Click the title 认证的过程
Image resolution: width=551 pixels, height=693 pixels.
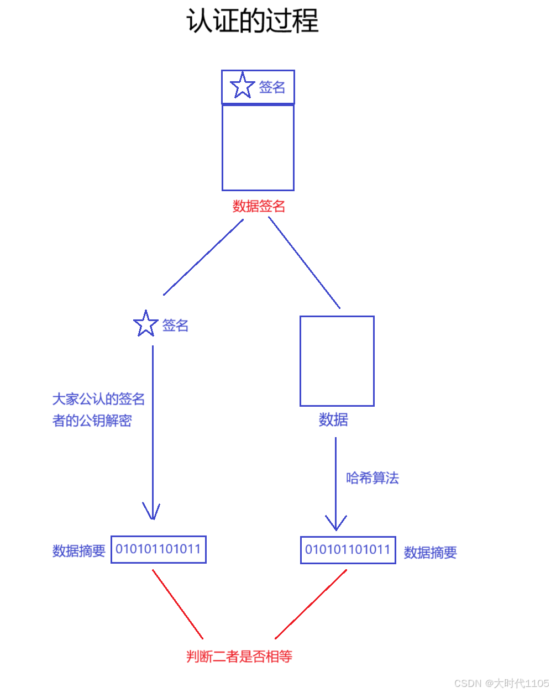pyautogui.click(x=252, y=22)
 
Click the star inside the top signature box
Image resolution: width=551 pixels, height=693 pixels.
pyautogui.click(x=242, y=86)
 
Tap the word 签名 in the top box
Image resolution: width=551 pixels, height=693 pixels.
pyautogui.click(x=272, y=87)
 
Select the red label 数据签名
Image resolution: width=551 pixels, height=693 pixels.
pyautogui.click(x=259, y=206)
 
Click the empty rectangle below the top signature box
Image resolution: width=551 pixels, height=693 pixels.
pyautogui.click(x=258, y=148)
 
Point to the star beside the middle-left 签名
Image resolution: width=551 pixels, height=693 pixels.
pyautogui.click(x=146, y=324)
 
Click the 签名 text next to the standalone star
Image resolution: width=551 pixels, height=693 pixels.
pyautogui.click(x=175, y=326)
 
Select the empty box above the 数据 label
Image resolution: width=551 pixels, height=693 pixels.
pyautogui.click(x=337, y=361)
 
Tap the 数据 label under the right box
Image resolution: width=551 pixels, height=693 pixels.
pyautogui.click(x=333, y=420)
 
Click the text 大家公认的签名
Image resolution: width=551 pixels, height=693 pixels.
pyautogui.click(x=98, y=399)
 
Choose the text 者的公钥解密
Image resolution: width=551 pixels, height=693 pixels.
pyautogui.click(x=92, y=421)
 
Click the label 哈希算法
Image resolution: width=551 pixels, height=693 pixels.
pyautogui.click(x=372, y=478)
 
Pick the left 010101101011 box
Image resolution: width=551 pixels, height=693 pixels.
pyautogui.click(x=158, y=549)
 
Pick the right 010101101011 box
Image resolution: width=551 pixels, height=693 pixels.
pyautogui.click(x=348, y=550)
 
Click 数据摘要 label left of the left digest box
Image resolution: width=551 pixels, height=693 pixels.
pyautogui.click(x=78, y=551)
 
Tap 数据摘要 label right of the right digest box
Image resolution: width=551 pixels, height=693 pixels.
pyautogui.click(x=430, y=553)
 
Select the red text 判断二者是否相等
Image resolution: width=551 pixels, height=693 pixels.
pyautogui.click(x=239, y=657)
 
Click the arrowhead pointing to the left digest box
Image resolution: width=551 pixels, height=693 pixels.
pyautogui.click(x=152, y=512)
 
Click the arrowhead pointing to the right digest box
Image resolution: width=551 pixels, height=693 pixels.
pyautogui.click(x=335, y=523)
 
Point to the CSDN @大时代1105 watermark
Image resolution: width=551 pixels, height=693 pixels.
pyautogui.click(x=501, y=684)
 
